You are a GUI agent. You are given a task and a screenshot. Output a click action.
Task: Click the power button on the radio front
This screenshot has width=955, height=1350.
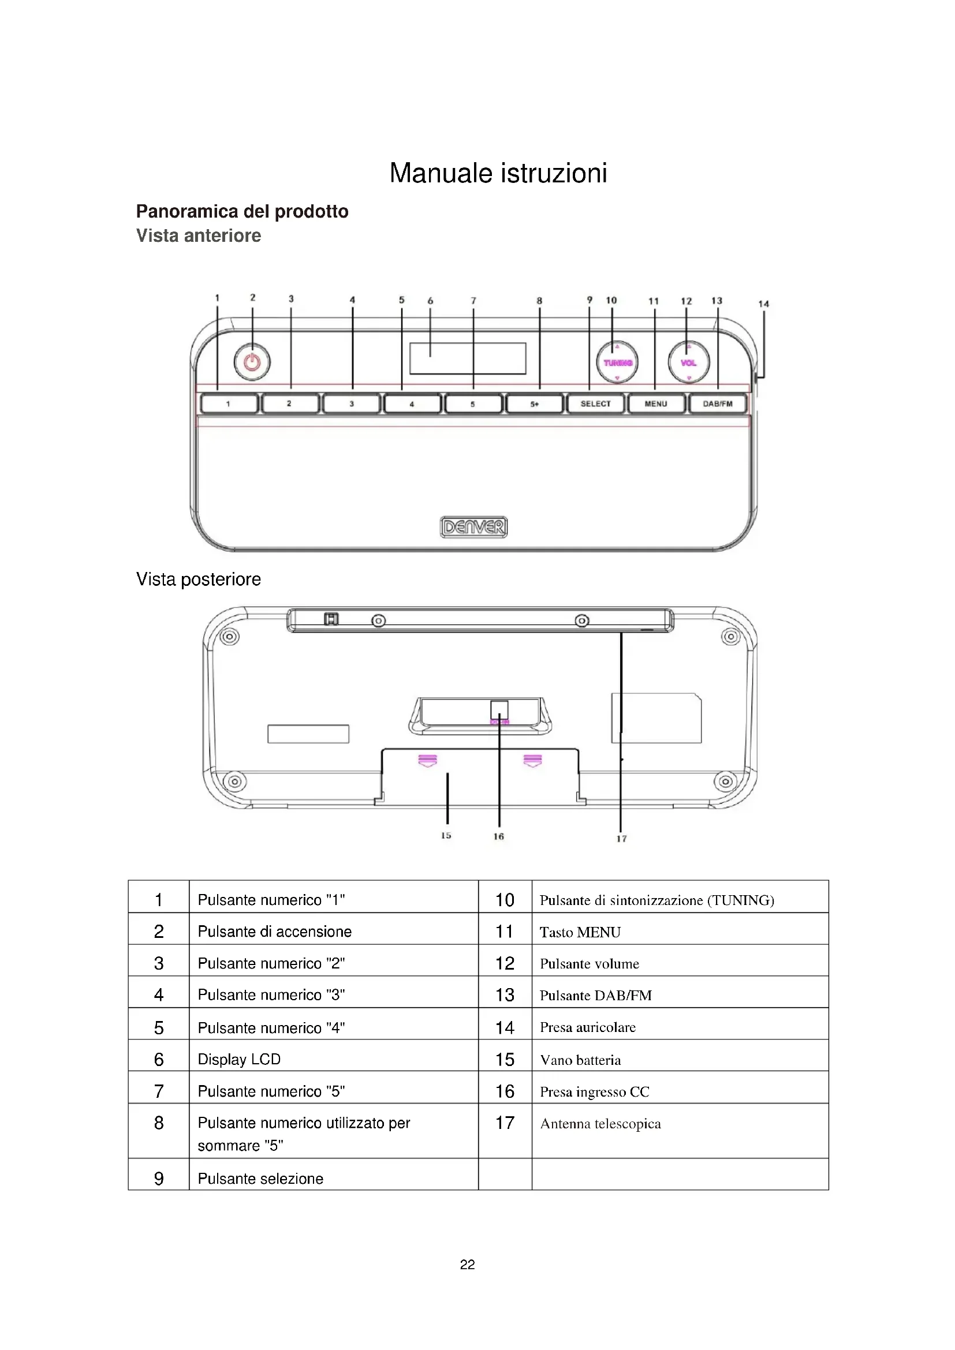pos(252,362)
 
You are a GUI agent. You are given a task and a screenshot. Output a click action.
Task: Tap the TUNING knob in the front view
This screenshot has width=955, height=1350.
pos(617,363)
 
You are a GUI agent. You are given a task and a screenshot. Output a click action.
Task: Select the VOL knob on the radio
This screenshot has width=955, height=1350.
pos(689,363)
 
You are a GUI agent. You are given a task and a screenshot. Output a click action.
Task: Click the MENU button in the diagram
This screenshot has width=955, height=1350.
pos(656,404)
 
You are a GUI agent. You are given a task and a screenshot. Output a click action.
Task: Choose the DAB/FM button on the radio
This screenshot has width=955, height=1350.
pos(718,404)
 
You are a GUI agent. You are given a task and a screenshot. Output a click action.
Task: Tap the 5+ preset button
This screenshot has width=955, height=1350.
pos(534,404)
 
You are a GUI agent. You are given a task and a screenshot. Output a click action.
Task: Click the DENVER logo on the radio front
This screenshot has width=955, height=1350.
pos(473,527)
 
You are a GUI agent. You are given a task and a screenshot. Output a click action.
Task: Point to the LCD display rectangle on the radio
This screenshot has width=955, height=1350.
pos(468,358)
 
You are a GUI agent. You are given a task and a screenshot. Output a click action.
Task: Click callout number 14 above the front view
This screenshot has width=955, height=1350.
pos(763,304)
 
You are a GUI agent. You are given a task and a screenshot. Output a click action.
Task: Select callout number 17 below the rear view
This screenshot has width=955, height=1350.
pos(622,839)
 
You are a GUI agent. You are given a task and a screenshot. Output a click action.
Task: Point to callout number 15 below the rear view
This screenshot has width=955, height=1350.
pos(446,836)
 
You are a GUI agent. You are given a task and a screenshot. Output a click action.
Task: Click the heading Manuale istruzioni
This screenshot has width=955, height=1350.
pos(498,173)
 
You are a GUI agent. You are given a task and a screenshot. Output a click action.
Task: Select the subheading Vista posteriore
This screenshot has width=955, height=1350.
pos(198,579)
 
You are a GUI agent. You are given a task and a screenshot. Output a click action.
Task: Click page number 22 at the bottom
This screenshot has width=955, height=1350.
pos(468,1265)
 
